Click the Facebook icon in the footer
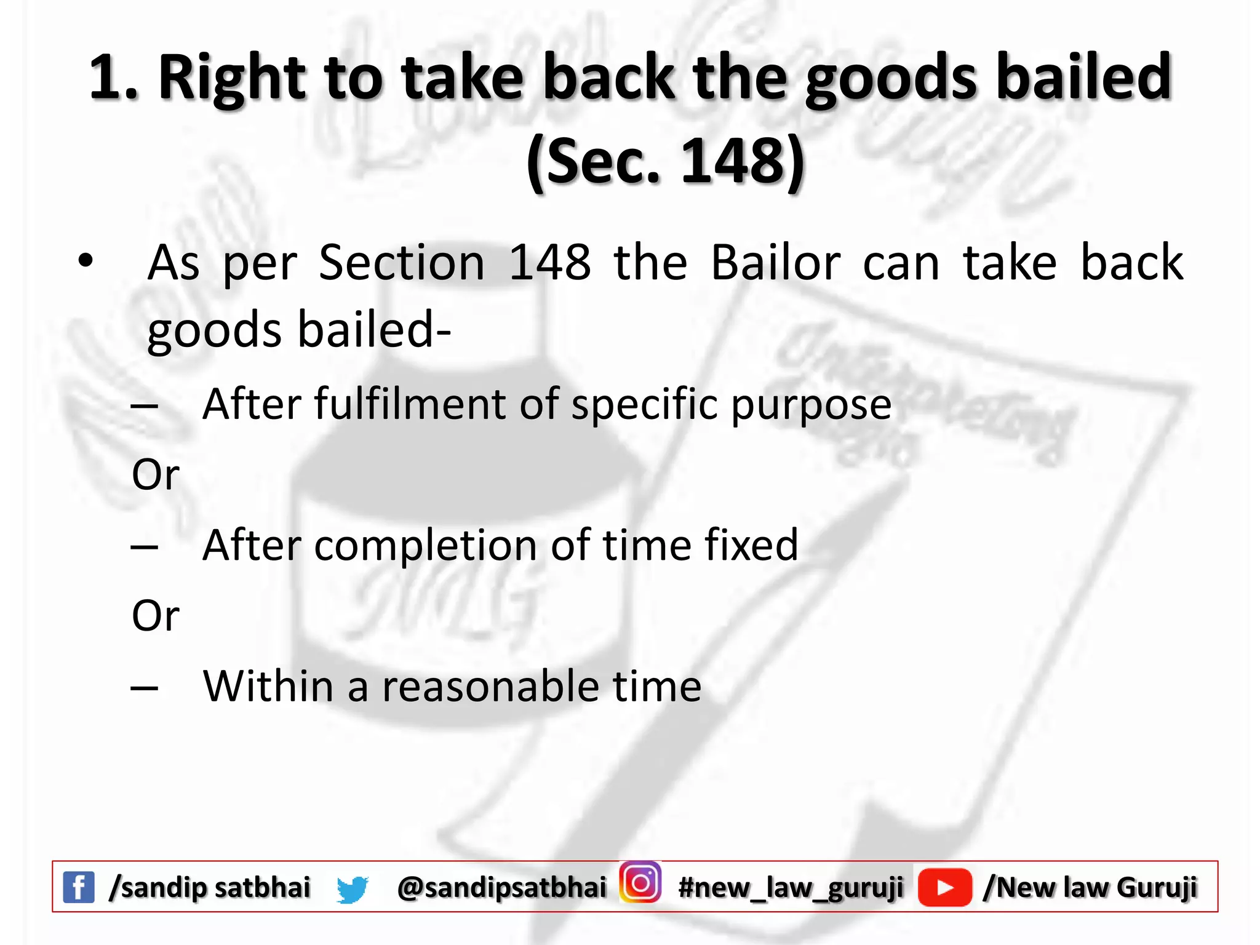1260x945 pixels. [79, 887]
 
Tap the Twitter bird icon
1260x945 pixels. [353, 889]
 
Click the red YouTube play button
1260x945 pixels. [944, 887]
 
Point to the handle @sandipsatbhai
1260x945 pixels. [502, 887]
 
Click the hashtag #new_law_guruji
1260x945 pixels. [791, 887]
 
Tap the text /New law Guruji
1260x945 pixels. [1090, 887]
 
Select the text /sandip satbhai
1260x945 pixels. [210, 887]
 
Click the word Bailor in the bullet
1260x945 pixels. [776, 263]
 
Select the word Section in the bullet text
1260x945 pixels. [402, 263]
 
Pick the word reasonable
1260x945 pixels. [490, 686]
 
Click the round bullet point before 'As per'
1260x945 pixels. [86, 261]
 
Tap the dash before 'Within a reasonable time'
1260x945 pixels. [145, 688]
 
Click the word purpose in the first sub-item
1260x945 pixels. [811, 405]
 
